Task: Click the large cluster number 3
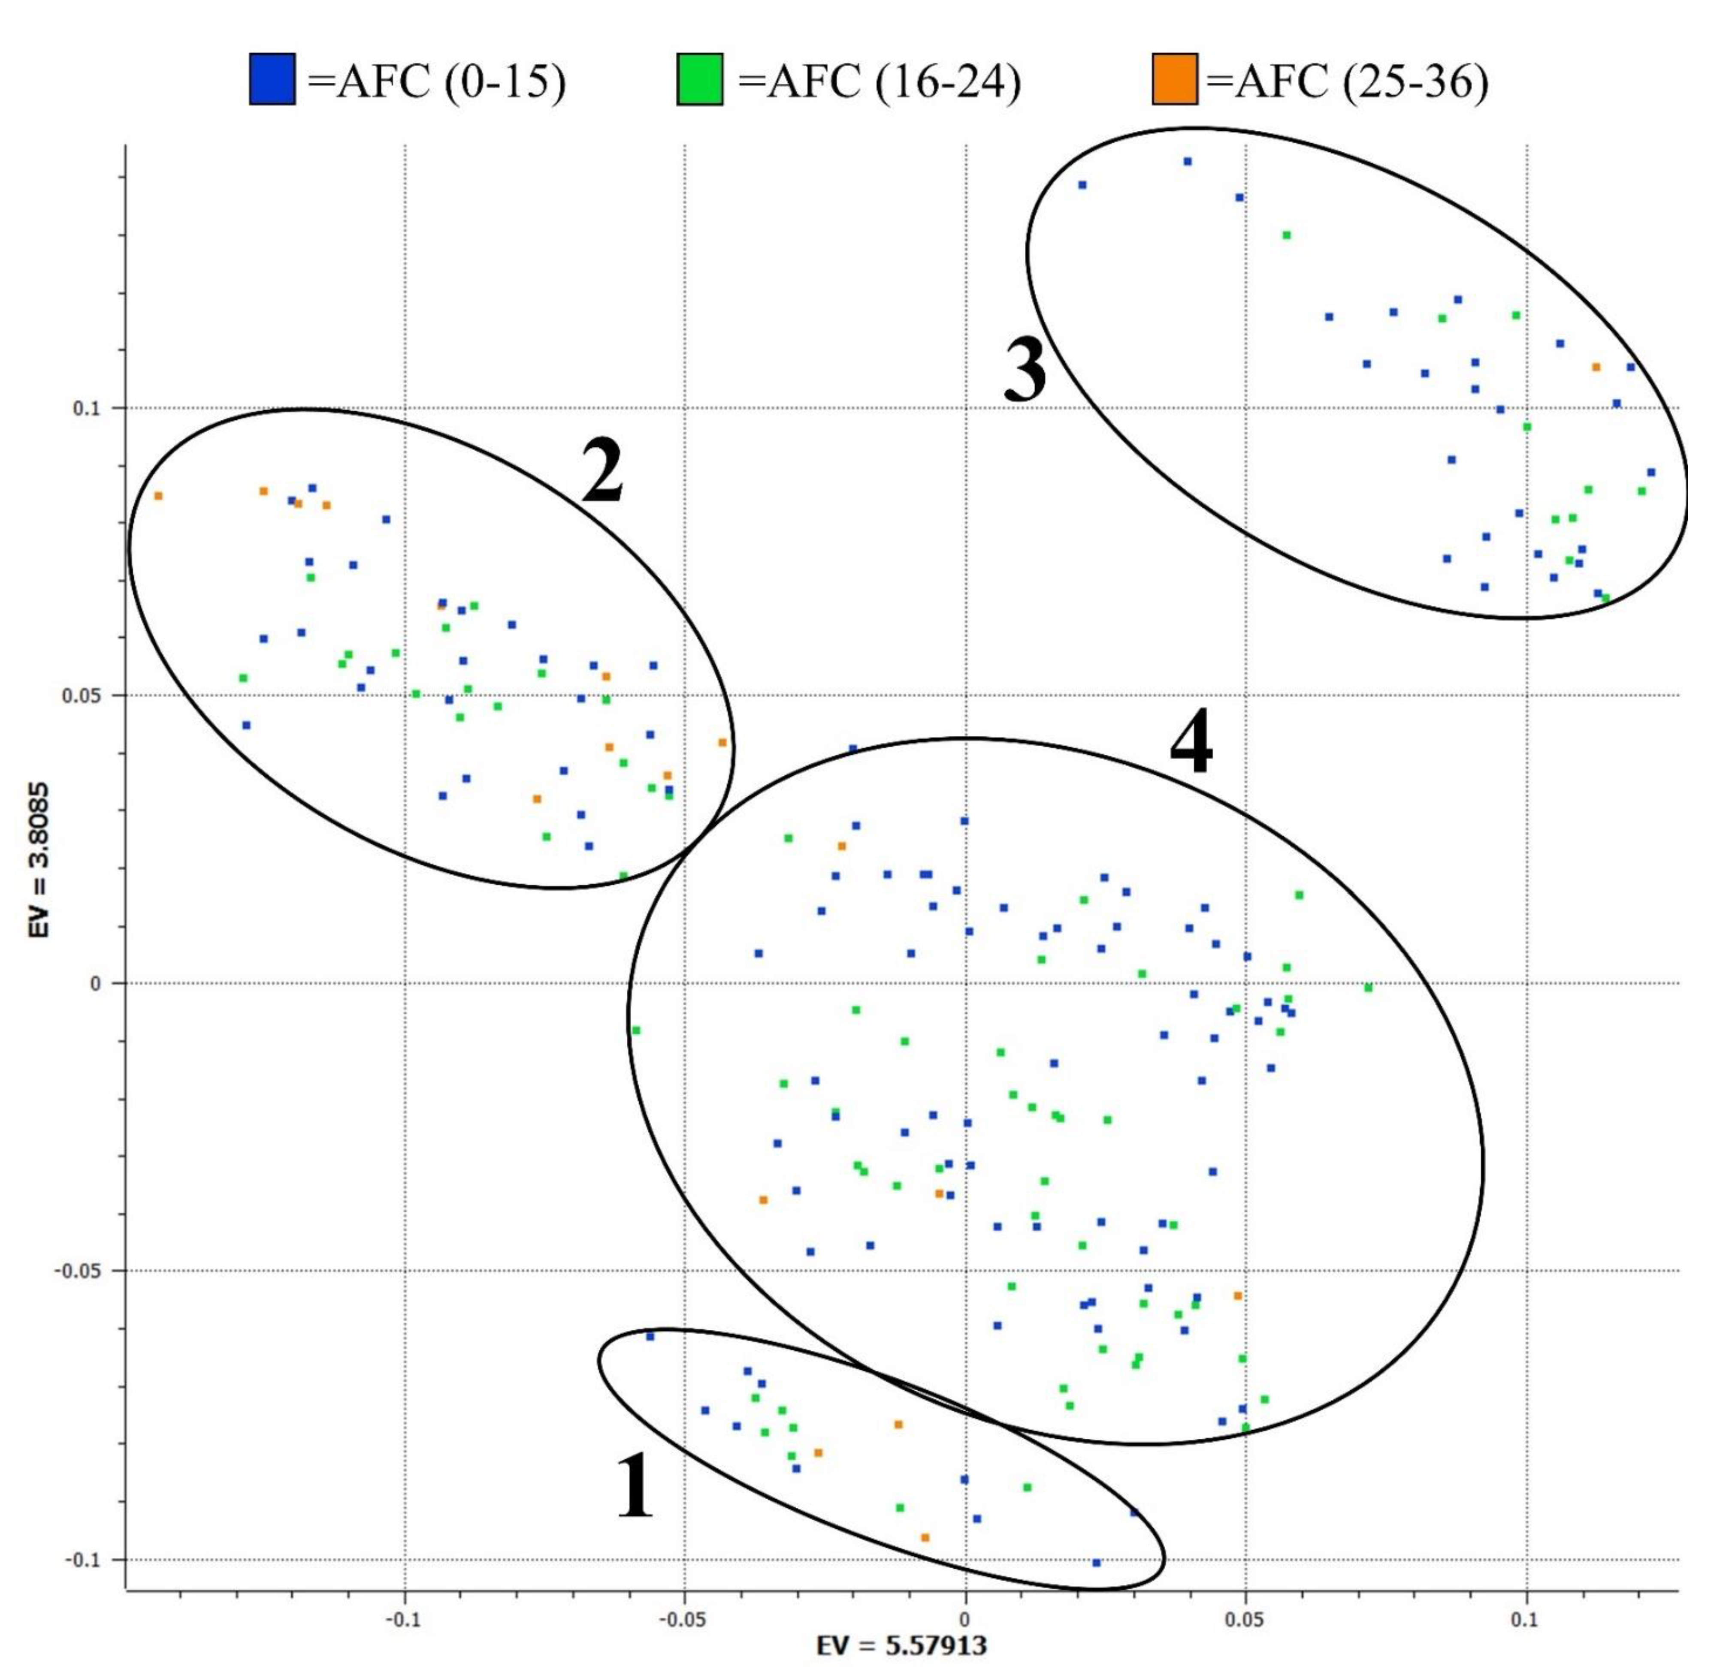[x=1025, y=371]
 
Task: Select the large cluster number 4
[x=1191, y=745]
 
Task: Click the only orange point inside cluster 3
[x=1595, y=367]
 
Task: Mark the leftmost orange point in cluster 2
[x=158, y=496]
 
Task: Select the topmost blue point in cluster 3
[x=1188, y=161]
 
